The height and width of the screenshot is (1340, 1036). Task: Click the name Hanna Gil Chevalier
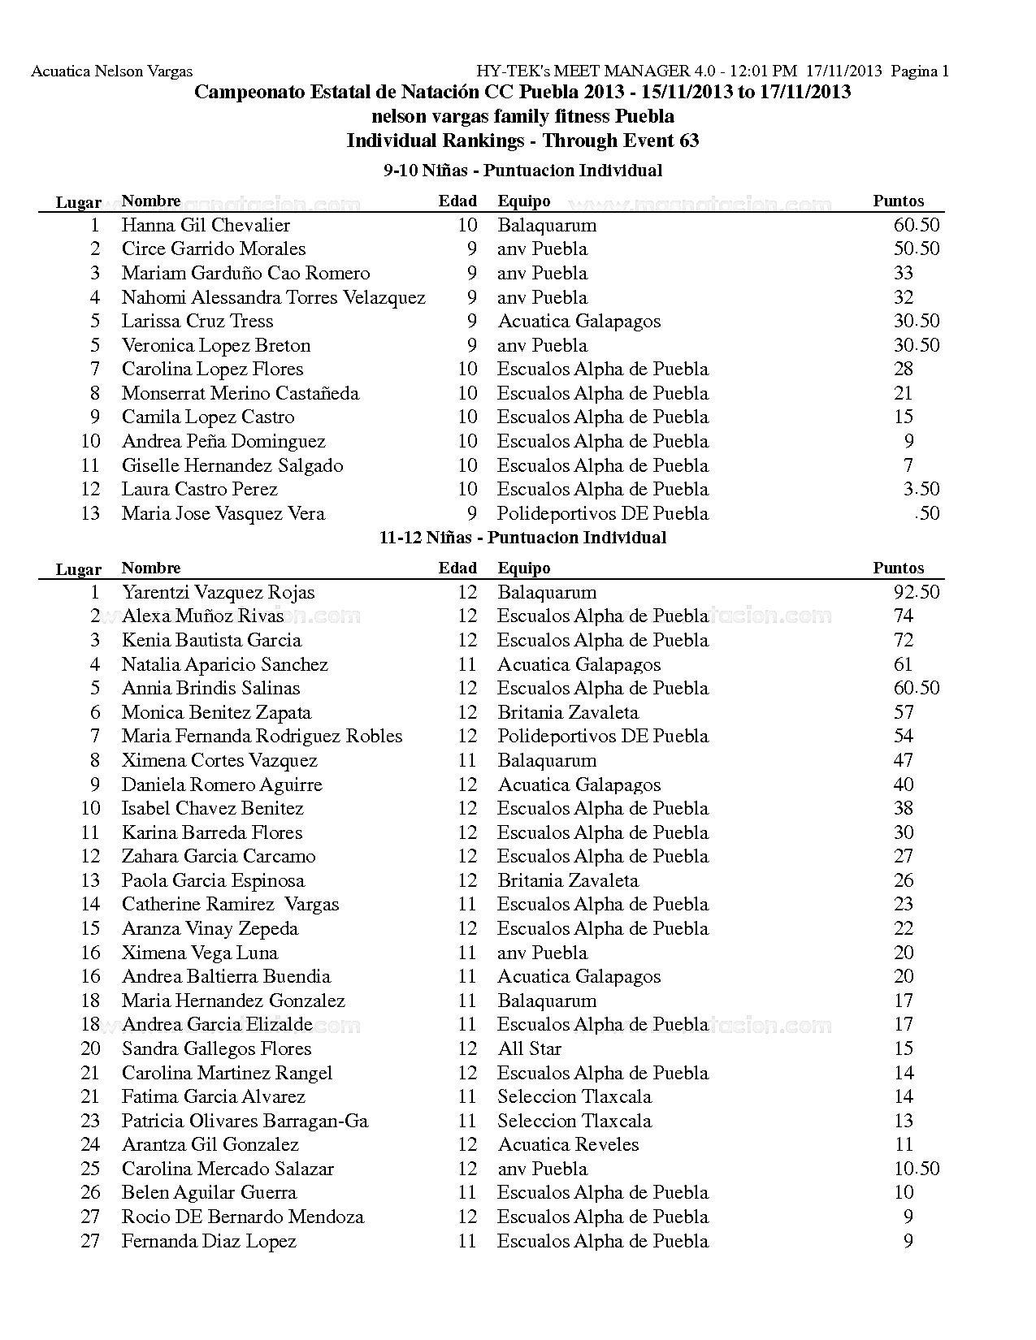[206, 226]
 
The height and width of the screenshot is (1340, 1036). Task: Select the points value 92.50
[916, 593]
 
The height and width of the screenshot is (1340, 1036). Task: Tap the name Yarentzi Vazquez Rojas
[218, 593]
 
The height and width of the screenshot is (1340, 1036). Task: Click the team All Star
[529, 1049]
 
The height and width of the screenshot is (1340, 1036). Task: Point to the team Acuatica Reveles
[568, 1145]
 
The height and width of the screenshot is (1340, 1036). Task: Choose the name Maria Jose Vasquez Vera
[223, 514]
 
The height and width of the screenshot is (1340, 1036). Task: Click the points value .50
[926, 514]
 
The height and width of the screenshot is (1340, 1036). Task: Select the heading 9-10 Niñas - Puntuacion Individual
[522, 171]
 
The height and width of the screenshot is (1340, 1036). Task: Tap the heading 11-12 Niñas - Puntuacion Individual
[522, 538]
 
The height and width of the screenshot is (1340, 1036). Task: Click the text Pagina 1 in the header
[920, 71]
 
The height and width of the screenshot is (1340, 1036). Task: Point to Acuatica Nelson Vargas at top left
[111, 71]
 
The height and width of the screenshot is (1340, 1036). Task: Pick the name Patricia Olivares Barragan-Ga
[245, 1122]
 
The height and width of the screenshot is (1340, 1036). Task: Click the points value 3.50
[921, 490]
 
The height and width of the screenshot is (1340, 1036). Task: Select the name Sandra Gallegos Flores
[216, 1049]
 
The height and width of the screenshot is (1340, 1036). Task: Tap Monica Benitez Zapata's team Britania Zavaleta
[567, 713]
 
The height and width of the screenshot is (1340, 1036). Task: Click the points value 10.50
[917, 1169]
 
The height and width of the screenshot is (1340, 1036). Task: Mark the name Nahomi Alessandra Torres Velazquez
[273, 298]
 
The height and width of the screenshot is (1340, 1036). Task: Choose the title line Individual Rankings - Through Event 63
[522, 140]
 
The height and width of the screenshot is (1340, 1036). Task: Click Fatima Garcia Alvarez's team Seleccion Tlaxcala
[574, 1097]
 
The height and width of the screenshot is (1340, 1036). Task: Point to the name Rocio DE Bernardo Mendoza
[242, 1217]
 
